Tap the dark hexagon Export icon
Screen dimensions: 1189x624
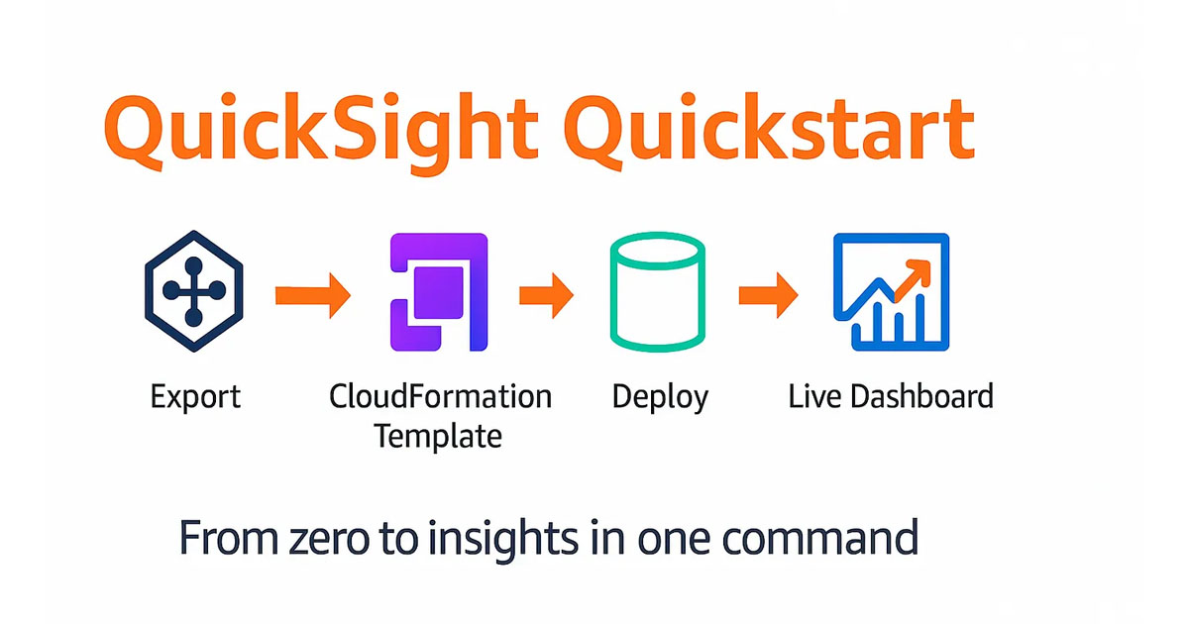194,291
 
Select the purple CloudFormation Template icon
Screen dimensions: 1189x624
439,292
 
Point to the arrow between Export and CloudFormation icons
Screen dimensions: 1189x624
313,295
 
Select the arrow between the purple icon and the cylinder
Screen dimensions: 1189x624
546,295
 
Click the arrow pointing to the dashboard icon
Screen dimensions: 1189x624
769,295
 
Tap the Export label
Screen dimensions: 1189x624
195,397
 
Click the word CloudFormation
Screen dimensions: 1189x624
441,396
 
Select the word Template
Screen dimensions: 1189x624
438,436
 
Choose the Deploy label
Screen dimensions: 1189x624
660,397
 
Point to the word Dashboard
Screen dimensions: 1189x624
922,396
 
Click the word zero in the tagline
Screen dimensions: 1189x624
329,539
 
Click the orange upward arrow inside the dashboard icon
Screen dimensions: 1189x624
913,280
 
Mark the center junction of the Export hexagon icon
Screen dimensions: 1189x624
194,291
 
